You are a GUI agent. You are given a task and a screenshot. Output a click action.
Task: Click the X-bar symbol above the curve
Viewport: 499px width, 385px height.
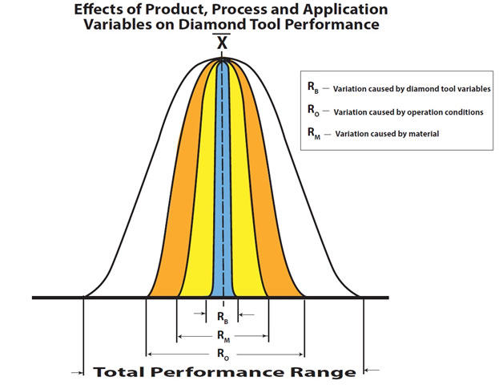pyautogui.click(x=222, y=41)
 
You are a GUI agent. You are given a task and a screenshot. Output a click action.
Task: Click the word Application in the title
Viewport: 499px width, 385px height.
pyautogui.click(x=345, y=10)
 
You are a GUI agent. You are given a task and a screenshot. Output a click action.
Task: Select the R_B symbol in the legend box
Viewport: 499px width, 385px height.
pyautogui.click(x=313, y=87)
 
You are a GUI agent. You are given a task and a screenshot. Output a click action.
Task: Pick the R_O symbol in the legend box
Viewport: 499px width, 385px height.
pyautogui.click(x=313, y=110)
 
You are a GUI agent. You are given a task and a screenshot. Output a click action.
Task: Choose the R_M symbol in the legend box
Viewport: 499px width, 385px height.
pyautogui.click(x=314, y=133)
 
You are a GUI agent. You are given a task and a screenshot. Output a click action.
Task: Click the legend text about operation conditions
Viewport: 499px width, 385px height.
pyautogui.click(x=408, y=112)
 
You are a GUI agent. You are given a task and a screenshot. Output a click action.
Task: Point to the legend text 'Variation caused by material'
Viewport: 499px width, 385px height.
pyautogui.click(x=387, y=134)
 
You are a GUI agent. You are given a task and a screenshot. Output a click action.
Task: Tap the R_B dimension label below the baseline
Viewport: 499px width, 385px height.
pyautogui.click(x=223, y=318)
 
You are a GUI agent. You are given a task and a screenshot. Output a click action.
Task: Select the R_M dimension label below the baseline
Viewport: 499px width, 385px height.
pyautogui.click(x=223, y=336)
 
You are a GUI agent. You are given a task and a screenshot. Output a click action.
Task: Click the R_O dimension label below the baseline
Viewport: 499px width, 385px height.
pyautogui.click(x=223, y=354)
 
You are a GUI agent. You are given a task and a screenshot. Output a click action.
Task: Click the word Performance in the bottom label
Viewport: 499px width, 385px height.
pyautogui.click(x=215, y=372)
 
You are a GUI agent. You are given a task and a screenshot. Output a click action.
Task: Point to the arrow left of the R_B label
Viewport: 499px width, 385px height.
pyautogui.click(x=200, y=314)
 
